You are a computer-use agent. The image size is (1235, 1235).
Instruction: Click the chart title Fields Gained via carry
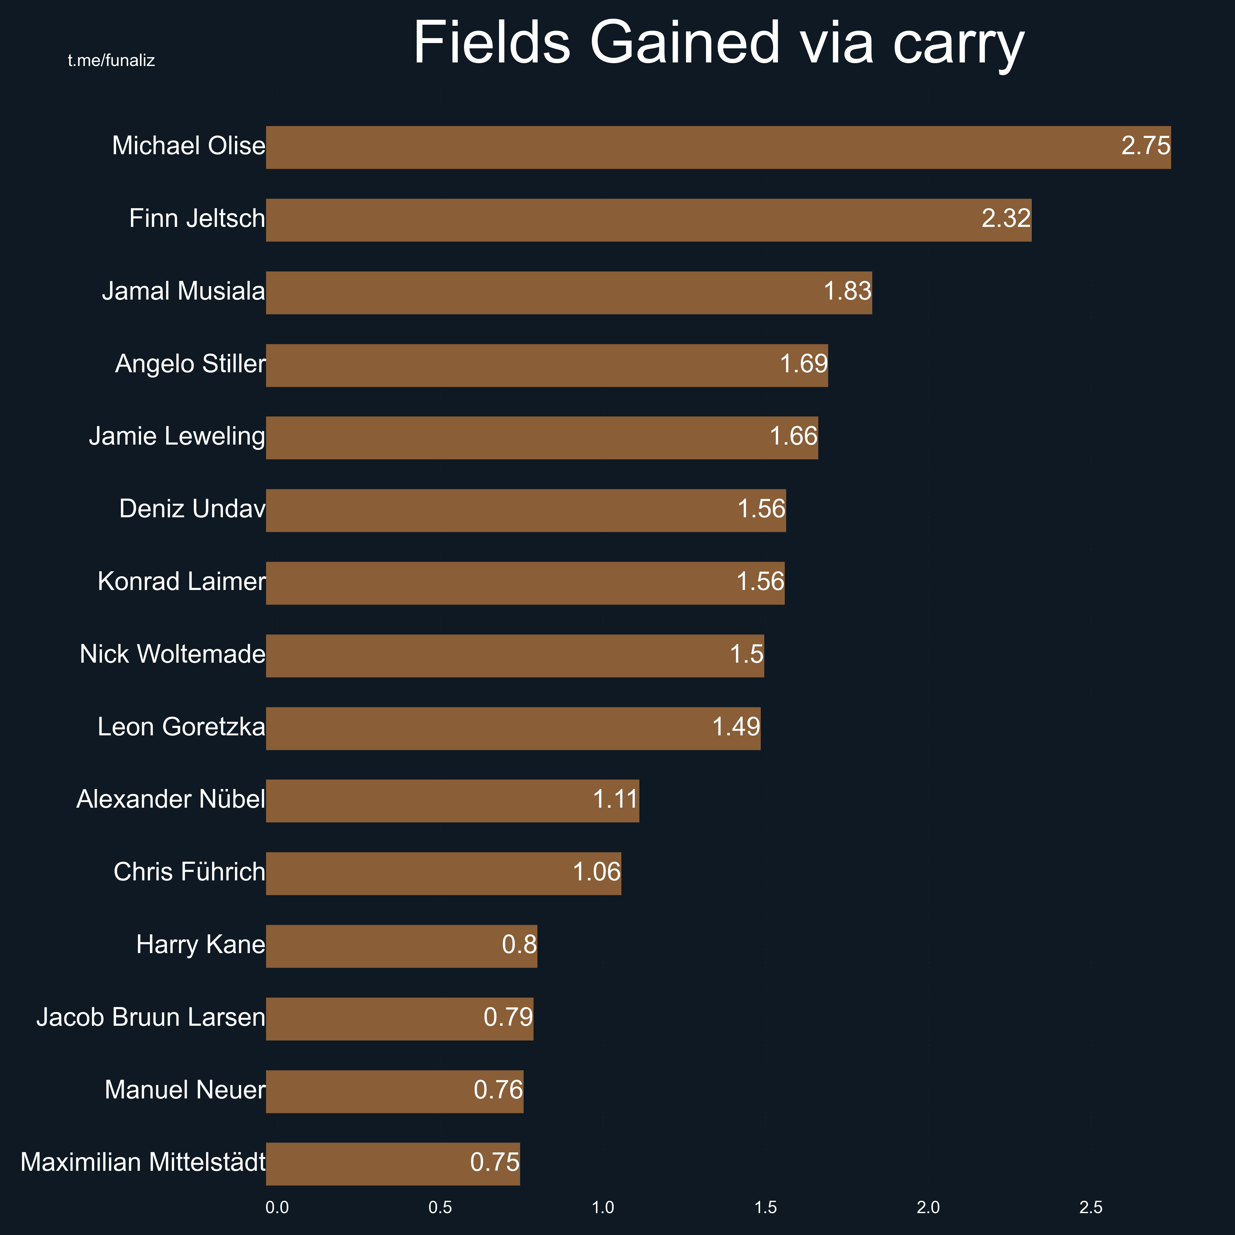718,42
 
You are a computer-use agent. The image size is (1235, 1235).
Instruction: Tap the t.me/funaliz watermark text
111,61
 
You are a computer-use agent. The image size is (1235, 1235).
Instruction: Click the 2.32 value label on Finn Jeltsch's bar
1006,219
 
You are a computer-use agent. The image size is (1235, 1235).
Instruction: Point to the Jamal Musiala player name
183,291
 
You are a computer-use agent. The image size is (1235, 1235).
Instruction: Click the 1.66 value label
793,436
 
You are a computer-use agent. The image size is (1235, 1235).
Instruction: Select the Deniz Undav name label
192,509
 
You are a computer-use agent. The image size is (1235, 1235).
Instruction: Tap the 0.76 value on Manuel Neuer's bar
498,1090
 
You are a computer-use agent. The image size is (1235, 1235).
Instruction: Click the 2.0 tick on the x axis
928,1207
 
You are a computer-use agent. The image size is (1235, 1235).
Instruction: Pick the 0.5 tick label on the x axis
440,1207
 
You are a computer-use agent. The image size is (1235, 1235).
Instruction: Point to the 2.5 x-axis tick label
1091,1207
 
